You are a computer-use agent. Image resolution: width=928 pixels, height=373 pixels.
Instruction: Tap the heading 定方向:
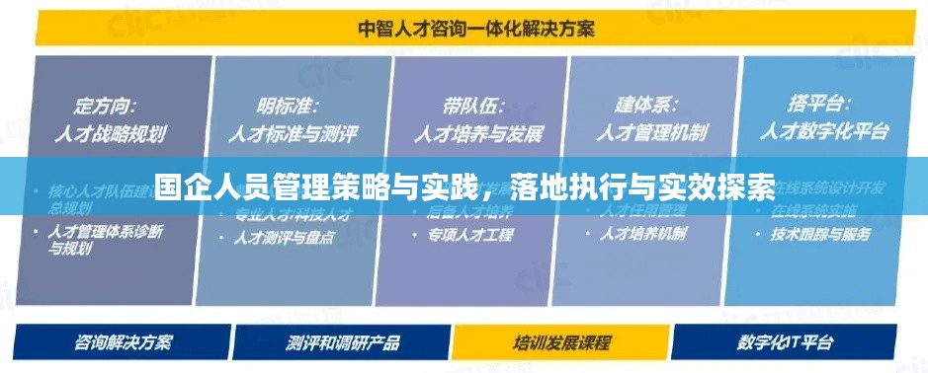pyautogui.click(x=106, y=104)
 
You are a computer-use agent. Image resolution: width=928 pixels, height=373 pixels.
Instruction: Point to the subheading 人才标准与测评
pyautogui.click(x=294, y=132)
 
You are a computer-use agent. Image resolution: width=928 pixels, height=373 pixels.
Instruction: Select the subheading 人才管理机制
pyautogui.click(x=653, y=132)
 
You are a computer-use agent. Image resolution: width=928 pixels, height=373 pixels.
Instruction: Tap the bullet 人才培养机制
pyautogui.click(x=646, y=235)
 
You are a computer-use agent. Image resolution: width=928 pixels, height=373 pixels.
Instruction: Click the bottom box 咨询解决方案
pyautogui.click(x=124, y=342)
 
